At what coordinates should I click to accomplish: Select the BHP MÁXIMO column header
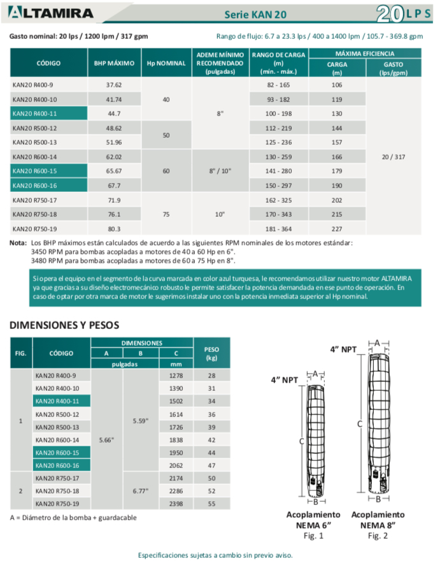pyautogui.click(x=114, y=63)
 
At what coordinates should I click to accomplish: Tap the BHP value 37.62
pyautogui.click(x=114, y=85)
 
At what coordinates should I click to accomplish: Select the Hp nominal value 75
pyautogui.click(x=166, y=214)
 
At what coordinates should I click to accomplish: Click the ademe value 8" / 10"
pyautogui.click(x=220, y=171)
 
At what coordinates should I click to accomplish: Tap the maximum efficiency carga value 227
pyautogui.click(x=337, y=228)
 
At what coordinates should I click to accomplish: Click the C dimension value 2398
pyautogui.click(x=175, y=503)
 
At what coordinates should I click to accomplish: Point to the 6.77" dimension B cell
pyautogui.click(x=141, y=490)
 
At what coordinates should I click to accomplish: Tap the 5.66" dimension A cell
pyautogui.click(x=108, y=439)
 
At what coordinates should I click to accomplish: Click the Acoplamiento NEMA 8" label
pyautogui.click(x=377, y=519)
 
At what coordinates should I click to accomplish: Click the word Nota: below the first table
pyautogui.click(x=18, y=243)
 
